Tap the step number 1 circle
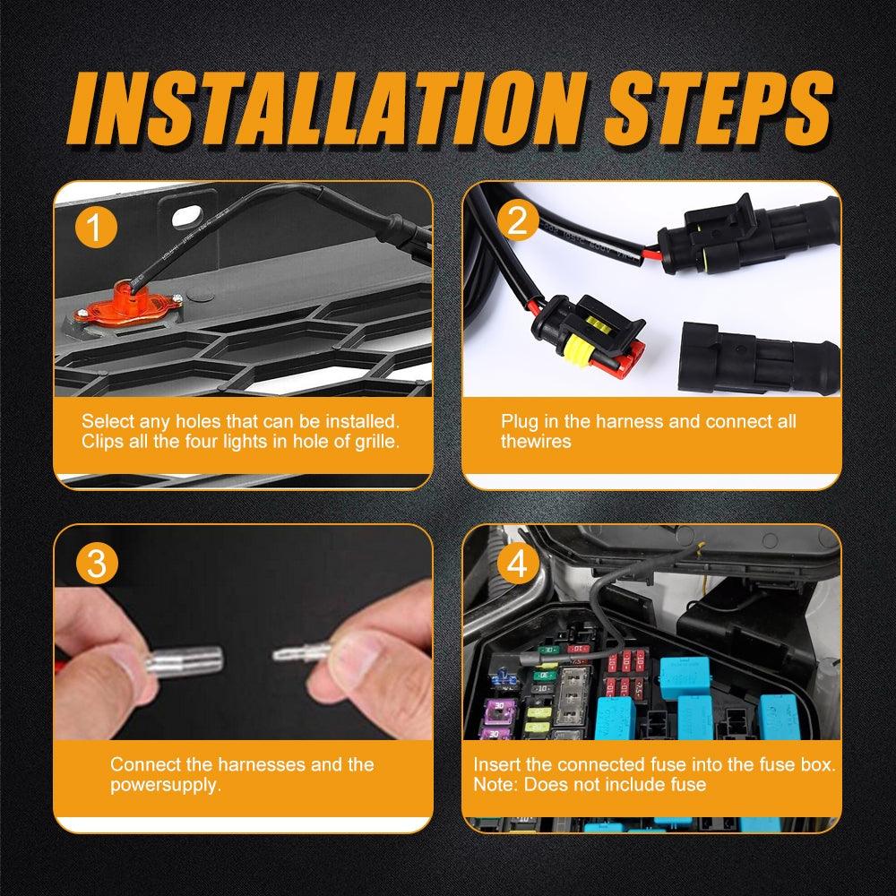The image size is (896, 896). click(96, 227)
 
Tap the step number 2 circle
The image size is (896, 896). click(517, 220)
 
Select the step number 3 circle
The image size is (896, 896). click(96, 563)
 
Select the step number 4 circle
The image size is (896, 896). click(517, 564)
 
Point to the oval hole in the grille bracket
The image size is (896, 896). click(186, 217)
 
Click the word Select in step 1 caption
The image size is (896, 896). click(108, 421)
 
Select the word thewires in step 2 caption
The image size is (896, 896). click(536, 441)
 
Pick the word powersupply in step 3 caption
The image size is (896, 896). click(165, 785)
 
